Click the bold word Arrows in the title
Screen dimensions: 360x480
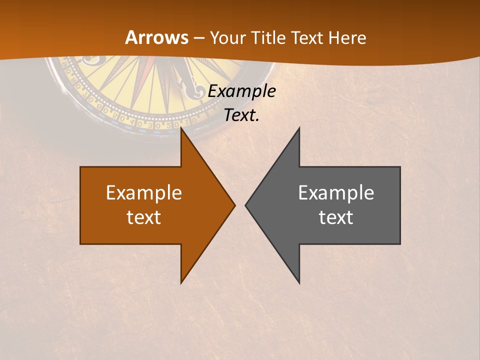157,37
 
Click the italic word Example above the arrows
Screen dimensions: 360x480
242,91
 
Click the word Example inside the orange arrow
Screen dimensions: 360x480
144,193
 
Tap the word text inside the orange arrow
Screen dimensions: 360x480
144,217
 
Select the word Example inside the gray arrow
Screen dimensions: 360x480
336,193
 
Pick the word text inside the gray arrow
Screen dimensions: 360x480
336,217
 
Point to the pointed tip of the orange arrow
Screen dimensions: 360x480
234,205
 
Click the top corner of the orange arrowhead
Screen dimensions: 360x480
181,128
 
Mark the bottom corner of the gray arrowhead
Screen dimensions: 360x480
299,282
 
